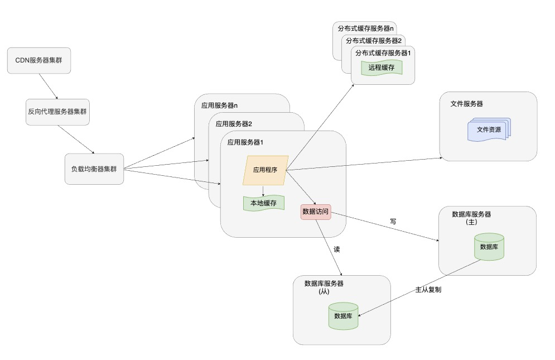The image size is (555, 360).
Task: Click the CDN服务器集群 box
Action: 38,60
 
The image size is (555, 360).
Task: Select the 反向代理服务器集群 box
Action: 57,112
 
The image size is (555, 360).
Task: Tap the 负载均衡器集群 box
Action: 94,169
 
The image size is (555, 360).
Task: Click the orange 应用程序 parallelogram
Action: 266,170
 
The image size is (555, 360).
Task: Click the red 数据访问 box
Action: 316,212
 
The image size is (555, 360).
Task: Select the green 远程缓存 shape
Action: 382,68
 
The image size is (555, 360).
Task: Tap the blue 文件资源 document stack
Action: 489,129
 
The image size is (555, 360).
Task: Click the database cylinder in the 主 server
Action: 489,247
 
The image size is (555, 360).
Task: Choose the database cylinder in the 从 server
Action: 343,316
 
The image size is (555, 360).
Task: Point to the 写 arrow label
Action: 393,222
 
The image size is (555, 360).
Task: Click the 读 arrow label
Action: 336,249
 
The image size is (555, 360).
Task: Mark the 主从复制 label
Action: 428,291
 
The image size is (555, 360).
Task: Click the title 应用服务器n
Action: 219,105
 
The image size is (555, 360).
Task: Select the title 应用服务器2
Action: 234,124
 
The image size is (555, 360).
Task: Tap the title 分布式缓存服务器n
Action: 366,28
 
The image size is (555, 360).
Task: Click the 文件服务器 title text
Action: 466,104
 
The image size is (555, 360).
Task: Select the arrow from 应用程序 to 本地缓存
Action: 263,190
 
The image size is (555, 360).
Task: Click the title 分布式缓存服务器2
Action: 374,41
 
